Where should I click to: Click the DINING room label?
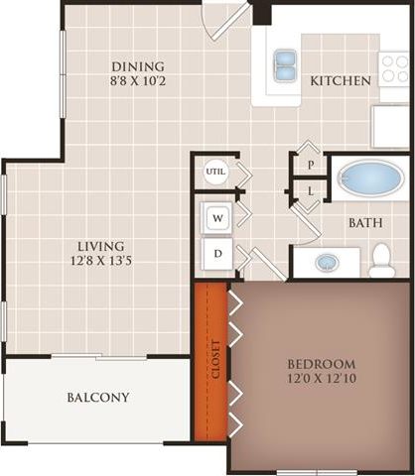point(131,67)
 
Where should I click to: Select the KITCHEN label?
point(340,80)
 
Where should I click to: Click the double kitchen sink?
point(284,64)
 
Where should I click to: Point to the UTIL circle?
point(215,171)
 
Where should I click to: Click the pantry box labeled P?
point(311,165)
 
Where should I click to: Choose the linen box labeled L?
point(311,189)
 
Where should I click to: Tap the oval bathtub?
point(369,179)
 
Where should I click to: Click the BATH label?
point(365,223)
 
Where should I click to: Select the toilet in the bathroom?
point(381,261)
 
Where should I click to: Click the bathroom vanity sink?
point(327,263)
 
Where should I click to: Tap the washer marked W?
point(217,216)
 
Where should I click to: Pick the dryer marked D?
point(217,254)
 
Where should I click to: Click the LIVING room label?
point(101,246)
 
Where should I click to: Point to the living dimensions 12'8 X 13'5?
point(101,263)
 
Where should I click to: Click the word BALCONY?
point(98,398)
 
